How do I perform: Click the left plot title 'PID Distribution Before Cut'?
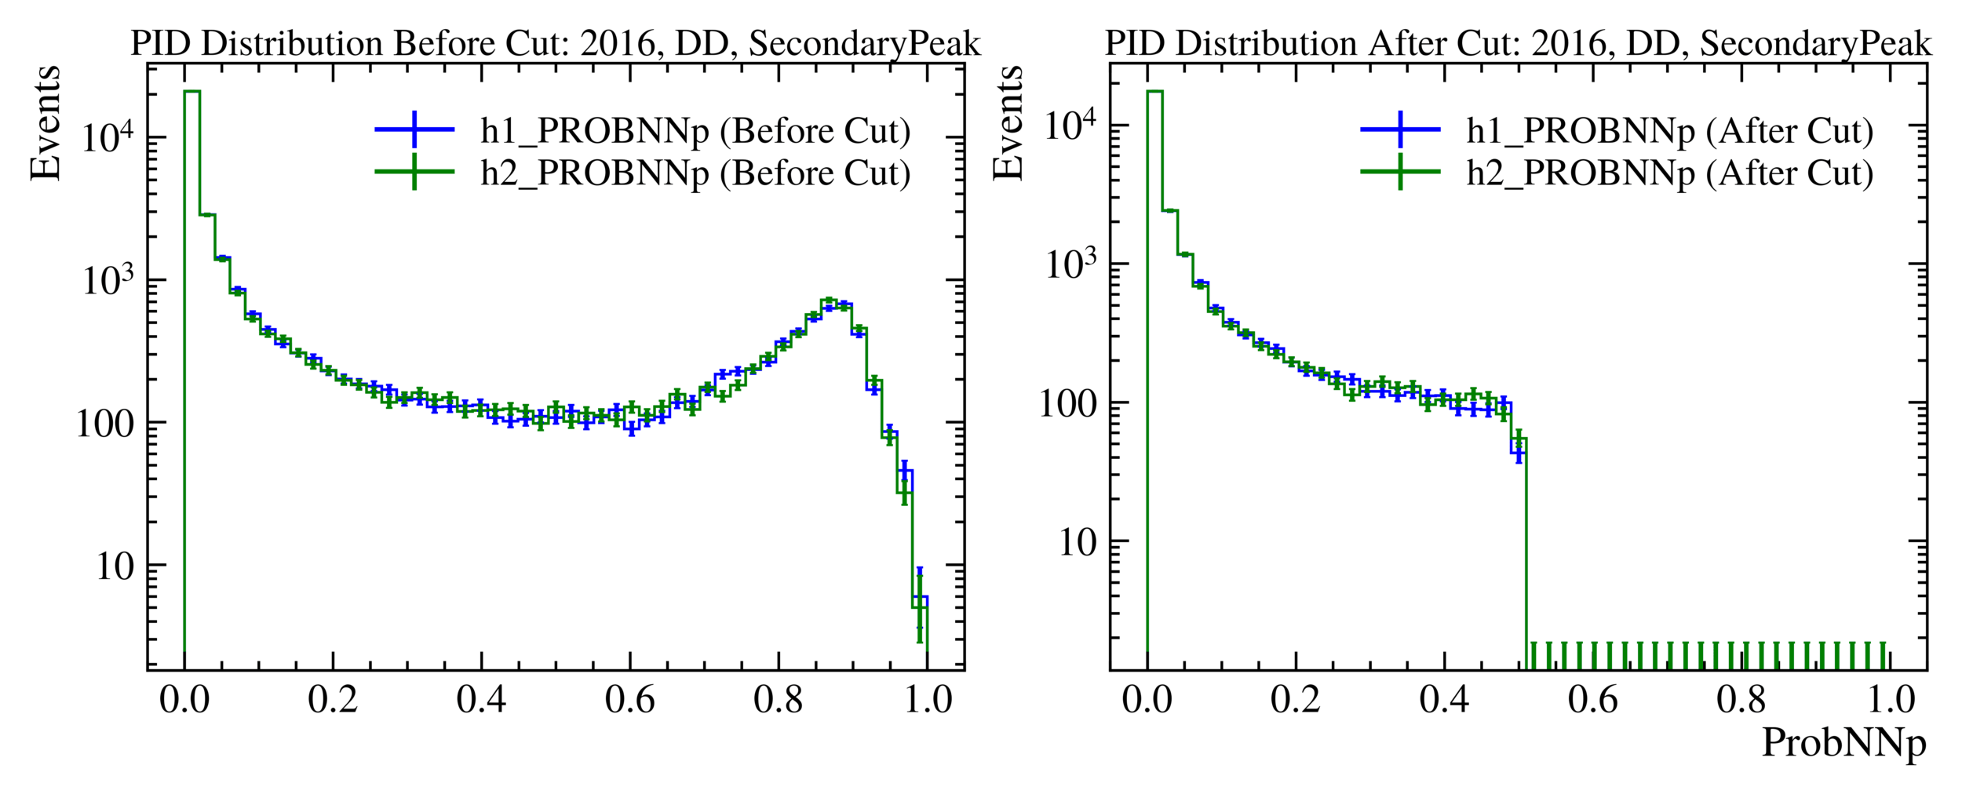555,44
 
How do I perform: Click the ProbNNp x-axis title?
1843,742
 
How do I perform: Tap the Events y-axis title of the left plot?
45,123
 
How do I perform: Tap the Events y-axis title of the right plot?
1008,123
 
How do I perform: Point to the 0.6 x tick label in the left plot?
629,700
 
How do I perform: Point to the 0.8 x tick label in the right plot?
1741,700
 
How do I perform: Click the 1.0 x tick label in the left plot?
928,700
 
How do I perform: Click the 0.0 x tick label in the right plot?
1147,700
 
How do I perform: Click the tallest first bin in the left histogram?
191,314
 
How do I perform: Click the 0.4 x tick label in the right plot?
1444,700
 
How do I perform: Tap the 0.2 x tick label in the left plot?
333,700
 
